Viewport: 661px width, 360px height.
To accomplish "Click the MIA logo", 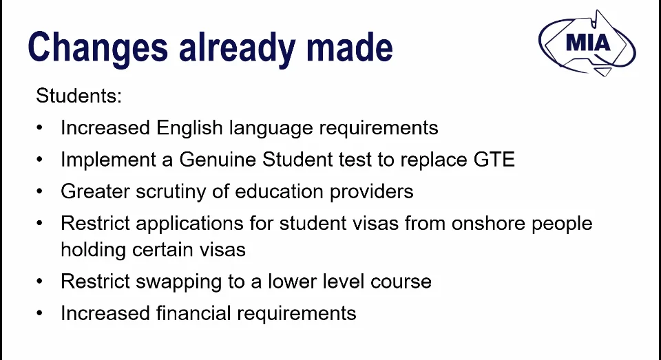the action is tap(587, 43).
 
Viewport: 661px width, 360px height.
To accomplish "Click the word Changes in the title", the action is tap(98, 48).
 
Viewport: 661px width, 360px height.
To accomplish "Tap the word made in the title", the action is tap(350, 47).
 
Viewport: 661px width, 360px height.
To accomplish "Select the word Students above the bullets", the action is tap(78, 96).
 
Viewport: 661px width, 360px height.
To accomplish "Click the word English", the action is tap(189, 128).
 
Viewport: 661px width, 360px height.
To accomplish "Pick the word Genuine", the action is tap(218, 160).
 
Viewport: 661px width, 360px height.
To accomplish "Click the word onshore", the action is tap(488, 224).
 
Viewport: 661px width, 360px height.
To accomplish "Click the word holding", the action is tap(93, 250).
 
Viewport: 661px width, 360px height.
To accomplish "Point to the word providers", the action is tap(371, 192).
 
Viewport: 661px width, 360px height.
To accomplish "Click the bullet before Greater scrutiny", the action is tap(40, 192).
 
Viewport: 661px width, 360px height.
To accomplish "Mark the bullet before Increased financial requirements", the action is tap(40, 313).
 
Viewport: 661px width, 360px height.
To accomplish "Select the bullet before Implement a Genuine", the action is tap(40, 160).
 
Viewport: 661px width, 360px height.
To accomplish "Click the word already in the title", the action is tap(238, 48).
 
